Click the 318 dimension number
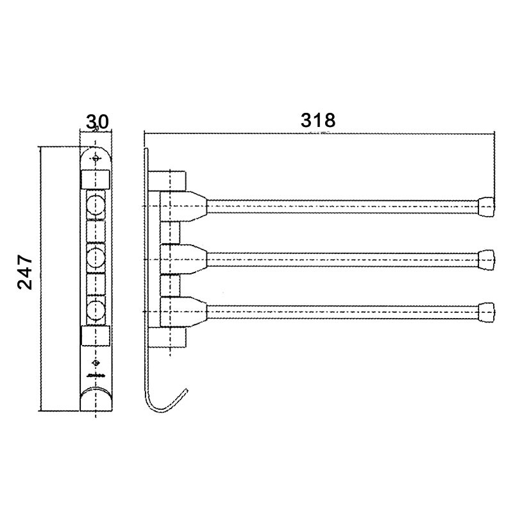pyautogui.click(x=319, y=120)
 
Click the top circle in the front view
pyautogui.click(x=96, y=206)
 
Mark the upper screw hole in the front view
pyautogui.click(x=96, y=158)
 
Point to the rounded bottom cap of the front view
pyautogui.click(x=96, y=401)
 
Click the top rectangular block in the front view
pyautogui.click(x=96, y=178)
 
